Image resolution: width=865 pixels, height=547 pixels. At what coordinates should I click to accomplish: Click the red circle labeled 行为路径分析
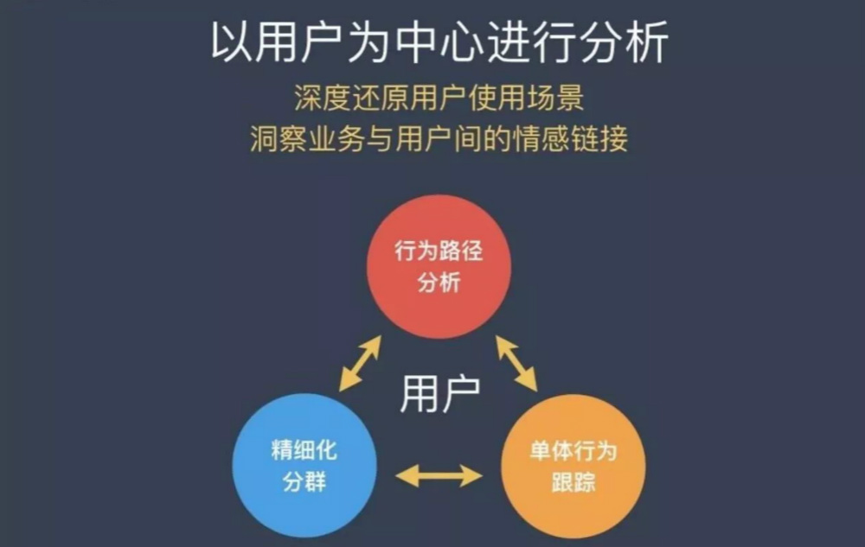439,266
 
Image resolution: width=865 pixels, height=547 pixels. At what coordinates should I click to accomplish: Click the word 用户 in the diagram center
440,393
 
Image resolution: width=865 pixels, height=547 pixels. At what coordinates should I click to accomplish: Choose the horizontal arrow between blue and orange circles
439,475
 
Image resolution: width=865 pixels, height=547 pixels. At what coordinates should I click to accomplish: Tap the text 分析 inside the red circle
439,282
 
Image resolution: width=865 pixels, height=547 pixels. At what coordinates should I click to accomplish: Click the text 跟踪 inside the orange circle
573,481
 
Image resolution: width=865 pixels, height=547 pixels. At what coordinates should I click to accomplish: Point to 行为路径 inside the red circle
439,252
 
